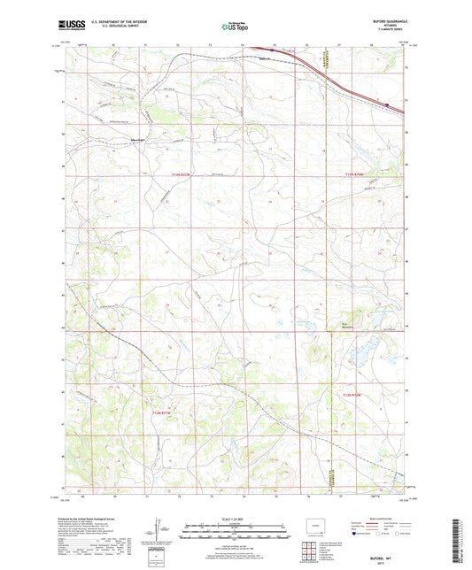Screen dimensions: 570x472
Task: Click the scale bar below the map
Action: pos(236,535)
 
